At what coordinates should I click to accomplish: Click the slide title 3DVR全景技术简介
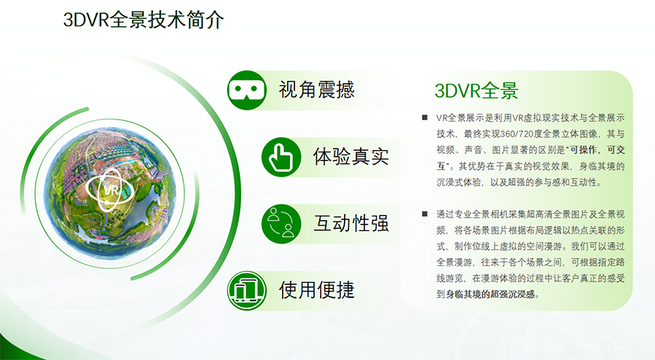pyautogui.click(x=144, y=20)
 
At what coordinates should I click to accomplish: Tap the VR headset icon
pyautogui.click(x=246, y=90)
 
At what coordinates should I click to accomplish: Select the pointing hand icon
pyautogui.click(x=281, y=157)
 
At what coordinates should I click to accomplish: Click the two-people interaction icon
pyautogui.click(x=281, y=224)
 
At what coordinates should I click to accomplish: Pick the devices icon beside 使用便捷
pyautogui.click(x=246, y=290)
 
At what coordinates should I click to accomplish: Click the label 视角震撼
pyautogui.click(x=317, y=90)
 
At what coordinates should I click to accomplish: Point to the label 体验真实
pyautogui.click(x=351, y=157)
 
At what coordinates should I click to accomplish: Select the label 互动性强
pyautogui.click(x=351, y=224)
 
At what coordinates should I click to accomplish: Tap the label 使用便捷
pyautogui.click(x=317, y=290)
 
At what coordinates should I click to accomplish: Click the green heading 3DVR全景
pyautogui.click(x=476, y=90)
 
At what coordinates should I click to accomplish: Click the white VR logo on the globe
pyautogui.click(x=110, y=189)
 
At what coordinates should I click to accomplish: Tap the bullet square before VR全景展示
pyautogui.click(x=425, y=118)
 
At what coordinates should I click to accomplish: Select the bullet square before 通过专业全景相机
pyautogui.click(x=425, y=214)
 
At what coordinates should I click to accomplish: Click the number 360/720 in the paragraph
pyautogui.click(x=514, y=134)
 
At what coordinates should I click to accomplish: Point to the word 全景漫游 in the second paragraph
pyautogui.click(x=455, y=262)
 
